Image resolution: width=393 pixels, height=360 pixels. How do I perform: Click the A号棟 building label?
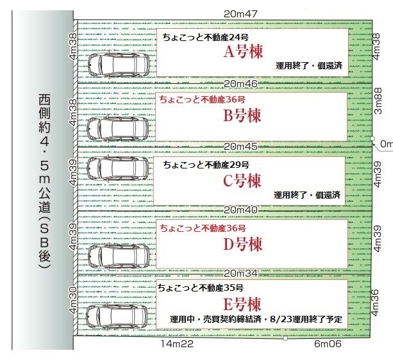coord(242,53)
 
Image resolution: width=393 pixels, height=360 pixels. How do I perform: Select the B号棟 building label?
coord(242,116)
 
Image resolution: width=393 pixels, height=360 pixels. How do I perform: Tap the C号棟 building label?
coord(242,181)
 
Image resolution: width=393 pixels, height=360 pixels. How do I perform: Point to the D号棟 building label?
coord(242,244)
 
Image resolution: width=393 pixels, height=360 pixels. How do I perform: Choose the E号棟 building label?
coord(242,304)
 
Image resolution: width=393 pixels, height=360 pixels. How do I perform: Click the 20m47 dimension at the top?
coord(241,12)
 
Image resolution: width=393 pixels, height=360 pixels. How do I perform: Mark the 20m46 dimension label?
coord(241,83)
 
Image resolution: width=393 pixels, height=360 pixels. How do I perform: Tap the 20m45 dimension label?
coord(241,147)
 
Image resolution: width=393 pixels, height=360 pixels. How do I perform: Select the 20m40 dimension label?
coord(241,210)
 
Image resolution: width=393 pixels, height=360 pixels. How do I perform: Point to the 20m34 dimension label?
coord(241,274)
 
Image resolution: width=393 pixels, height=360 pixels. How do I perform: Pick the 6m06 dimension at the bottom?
coord(328,344)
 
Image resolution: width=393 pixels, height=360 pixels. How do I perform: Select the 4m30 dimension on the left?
coord(73,302)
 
